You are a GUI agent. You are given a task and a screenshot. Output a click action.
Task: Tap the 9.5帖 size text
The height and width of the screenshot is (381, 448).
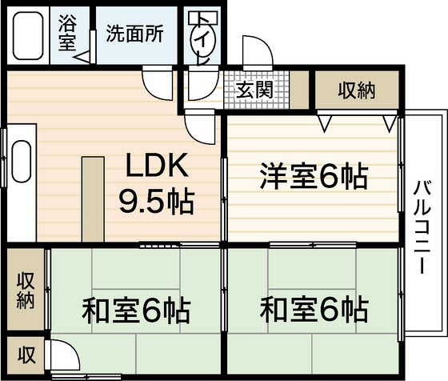156,201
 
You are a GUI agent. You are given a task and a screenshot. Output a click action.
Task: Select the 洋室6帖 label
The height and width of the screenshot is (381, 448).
313,174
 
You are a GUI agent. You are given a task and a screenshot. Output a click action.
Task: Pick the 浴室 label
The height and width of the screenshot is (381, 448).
67,34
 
